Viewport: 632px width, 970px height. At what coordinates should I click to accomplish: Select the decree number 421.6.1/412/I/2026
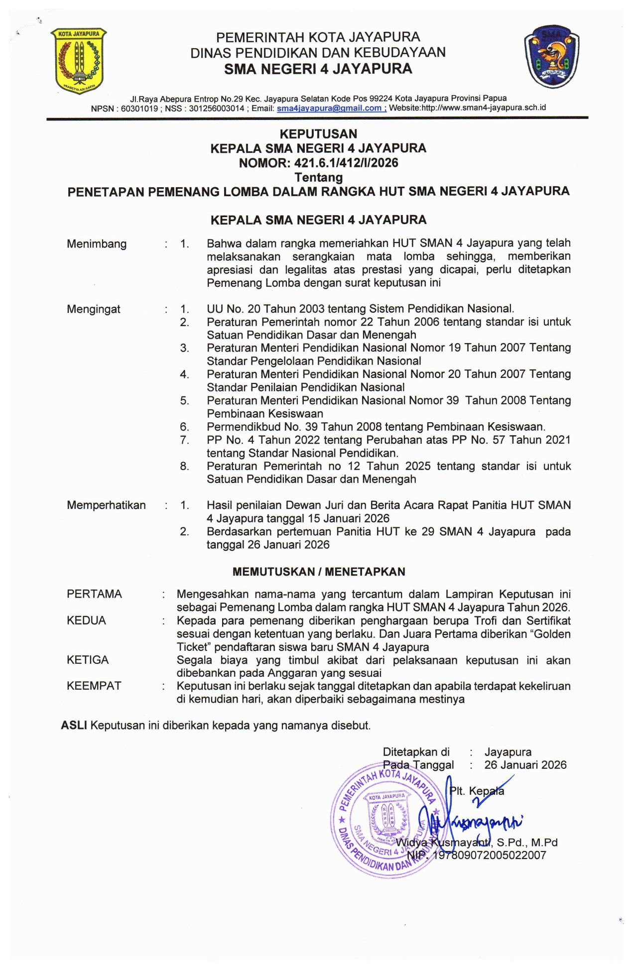(x=346, y=163)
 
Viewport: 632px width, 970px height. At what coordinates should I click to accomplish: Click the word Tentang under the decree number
(x=318, y=177)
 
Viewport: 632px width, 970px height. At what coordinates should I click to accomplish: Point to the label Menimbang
(x=97, y=244)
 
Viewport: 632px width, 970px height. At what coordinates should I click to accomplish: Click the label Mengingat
(x=94, y=309)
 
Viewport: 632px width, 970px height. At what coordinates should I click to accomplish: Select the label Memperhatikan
(x=106, y=505)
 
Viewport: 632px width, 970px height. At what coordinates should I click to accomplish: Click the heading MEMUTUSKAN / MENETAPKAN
(x=319, y=572)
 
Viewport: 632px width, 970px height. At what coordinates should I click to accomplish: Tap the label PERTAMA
(x=94, y=594)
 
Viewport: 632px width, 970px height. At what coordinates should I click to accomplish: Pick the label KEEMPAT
(x=94, y=686)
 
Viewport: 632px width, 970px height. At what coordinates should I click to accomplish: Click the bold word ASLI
(x=74, y=726)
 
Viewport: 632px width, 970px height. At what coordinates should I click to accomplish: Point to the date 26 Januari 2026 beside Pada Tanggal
(x=525, y=765)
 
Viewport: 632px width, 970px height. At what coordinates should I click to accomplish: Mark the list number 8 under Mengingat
(x=184, y=467)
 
